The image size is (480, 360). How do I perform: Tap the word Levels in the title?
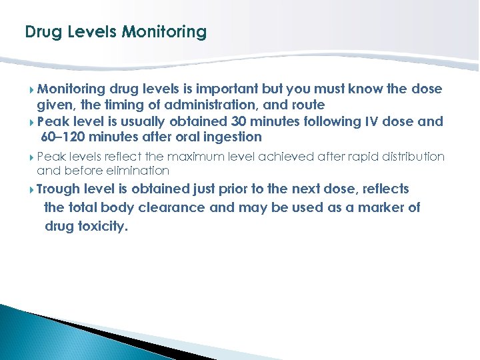coord(85,32)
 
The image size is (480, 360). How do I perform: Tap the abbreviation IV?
coord(371,121)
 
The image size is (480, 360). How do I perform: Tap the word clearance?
coord(174,207)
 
